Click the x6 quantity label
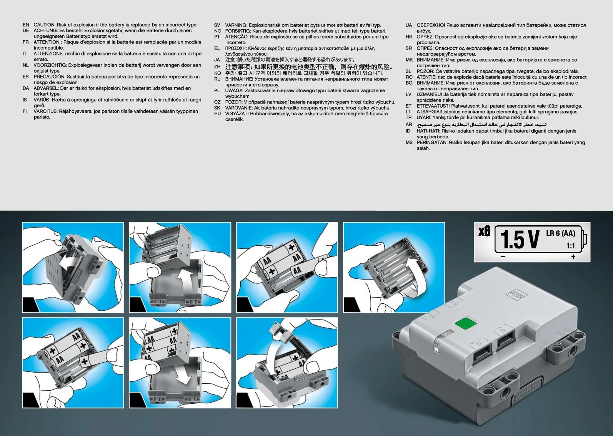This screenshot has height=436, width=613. pos(485,231)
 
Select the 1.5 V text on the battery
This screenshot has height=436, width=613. pos(520,240)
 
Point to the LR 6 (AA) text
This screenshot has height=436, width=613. pos(561,233)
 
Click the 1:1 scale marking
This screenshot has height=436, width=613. pos(571,246)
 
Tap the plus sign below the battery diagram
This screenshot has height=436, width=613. pos(573,256)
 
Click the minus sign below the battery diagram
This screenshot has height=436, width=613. pos(503,256)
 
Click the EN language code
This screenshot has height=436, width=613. pos(26,25)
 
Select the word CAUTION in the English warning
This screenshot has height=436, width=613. pos(45,25)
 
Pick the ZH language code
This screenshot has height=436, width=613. pos(217,67)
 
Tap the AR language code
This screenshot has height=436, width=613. pos(409,125)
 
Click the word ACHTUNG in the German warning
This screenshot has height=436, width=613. pos(45,31)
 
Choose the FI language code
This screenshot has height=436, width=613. pos(25,111)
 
